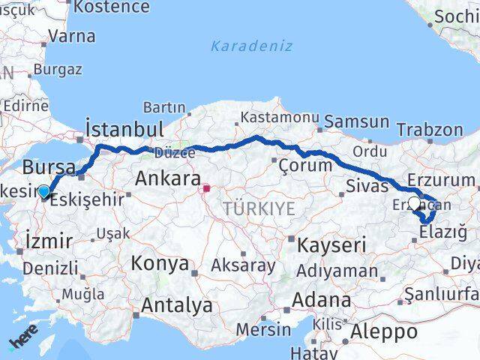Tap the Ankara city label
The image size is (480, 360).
coord(167,179)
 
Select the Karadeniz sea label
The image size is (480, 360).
coord(240,46)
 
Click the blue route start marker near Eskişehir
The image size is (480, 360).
coord(44,192)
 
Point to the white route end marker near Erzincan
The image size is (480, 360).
coord(414,202)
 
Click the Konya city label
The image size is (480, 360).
coord(160,263)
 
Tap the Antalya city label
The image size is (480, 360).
coord(176,306)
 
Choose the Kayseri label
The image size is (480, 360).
coord(331,245)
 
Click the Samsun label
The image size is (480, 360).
coord(357,121)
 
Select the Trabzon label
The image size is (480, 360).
coord(430,129)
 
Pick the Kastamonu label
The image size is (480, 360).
coord(280,117)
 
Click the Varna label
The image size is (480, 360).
coord(71,36)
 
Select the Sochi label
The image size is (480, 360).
coord(455,15)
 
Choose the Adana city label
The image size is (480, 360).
coord(322,300)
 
